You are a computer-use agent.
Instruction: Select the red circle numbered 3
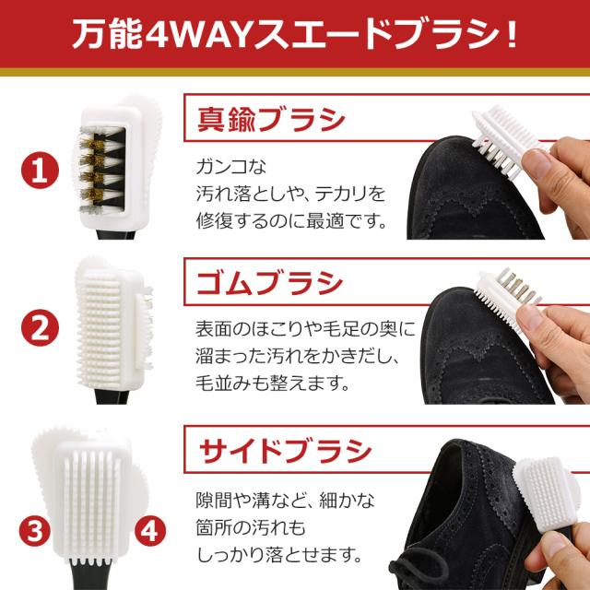pos(35,531)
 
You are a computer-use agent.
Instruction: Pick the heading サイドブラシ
pos(286,452)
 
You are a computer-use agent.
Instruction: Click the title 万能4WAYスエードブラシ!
pos(295,39)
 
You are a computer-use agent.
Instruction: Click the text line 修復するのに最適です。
pos(289,222)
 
